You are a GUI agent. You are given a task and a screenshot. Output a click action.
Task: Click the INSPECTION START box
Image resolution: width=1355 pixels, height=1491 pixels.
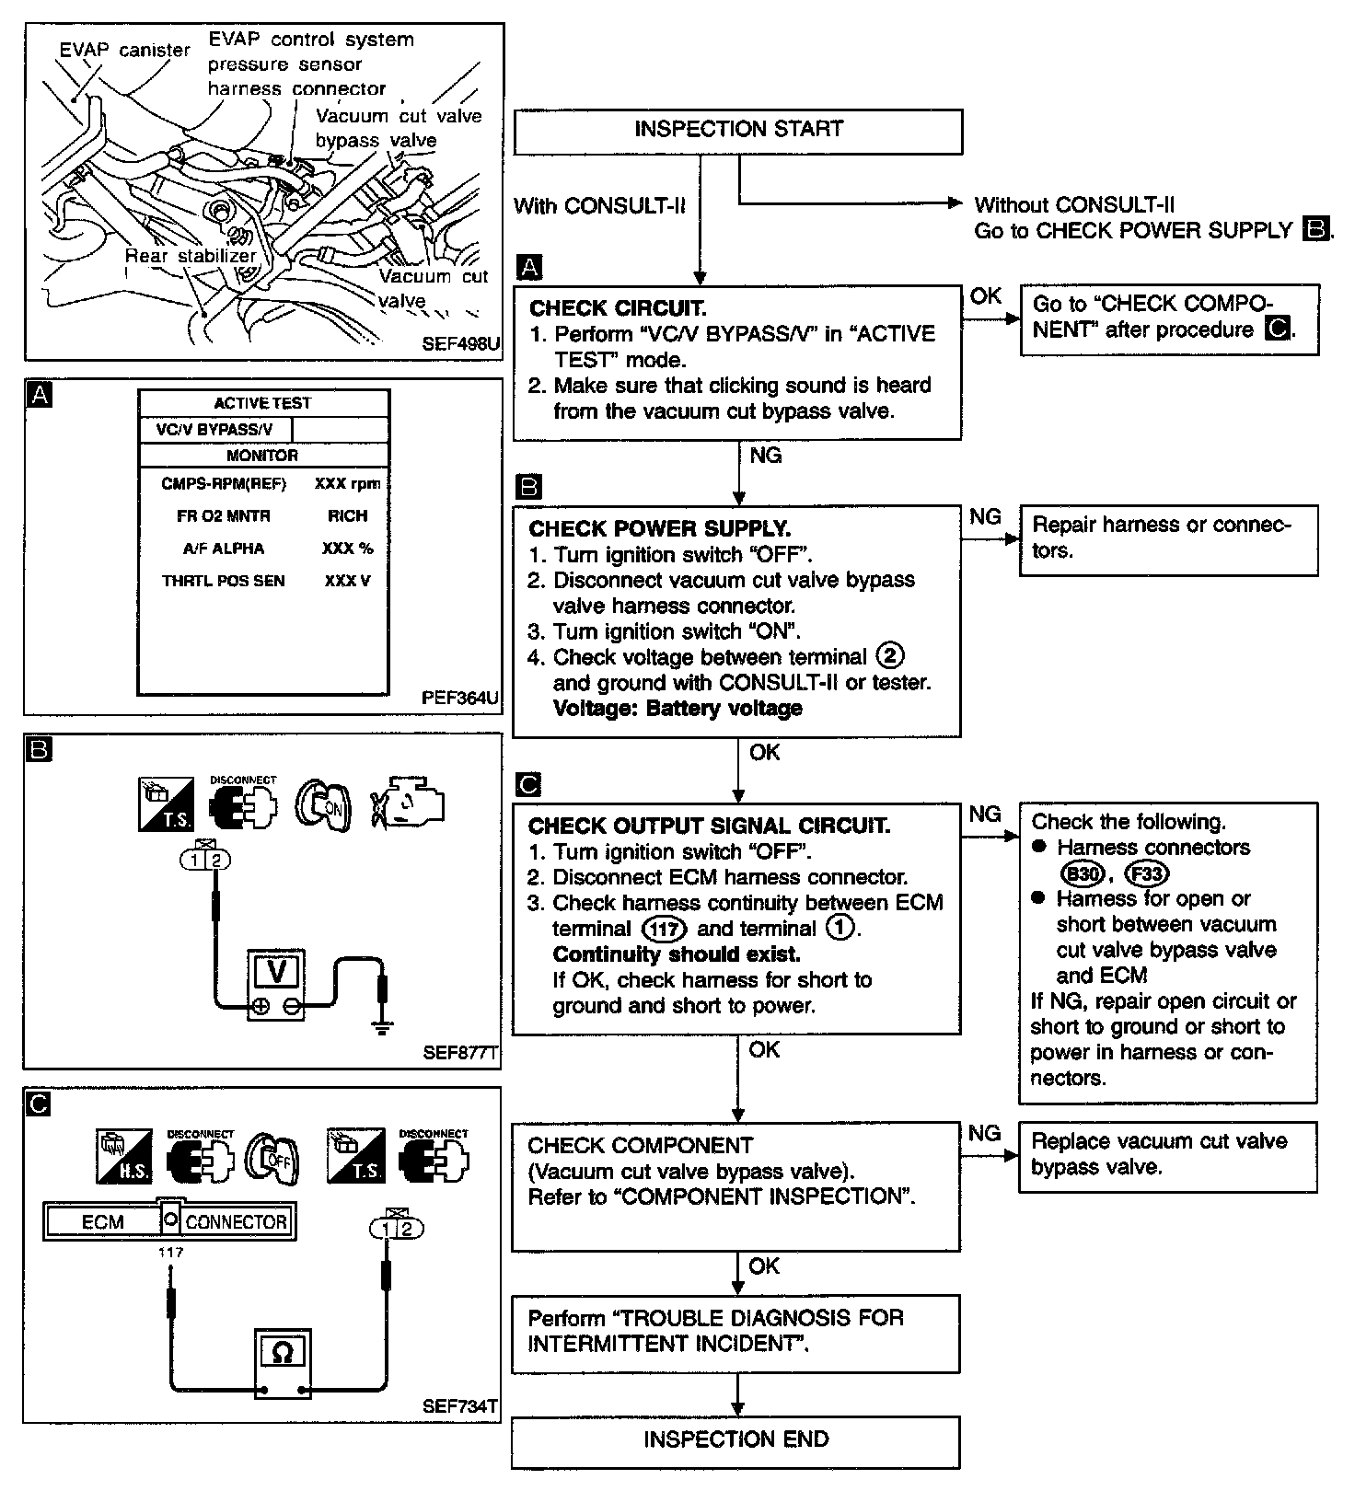[x=738, y=130]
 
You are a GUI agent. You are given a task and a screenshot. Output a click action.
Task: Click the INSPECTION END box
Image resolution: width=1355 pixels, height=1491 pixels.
[x=735, y=1439]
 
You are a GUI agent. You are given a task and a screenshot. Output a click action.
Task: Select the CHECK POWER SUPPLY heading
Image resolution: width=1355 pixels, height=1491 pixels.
[x=659, y=529]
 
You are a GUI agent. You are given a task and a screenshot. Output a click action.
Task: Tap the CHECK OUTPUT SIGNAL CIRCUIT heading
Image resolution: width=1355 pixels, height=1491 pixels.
[x=709, y=826]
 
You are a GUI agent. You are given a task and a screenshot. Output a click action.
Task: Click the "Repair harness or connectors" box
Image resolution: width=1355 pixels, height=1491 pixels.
[x=1167, y=538]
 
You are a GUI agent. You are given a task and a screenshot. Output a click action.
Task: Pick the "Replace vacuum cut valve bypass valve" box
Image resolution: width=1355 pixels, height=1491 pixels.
[x=1167, y=1155]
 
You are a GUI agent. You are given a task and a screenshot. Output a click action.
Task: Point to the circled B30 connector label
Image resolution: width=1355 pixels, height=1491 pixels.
[x=1082, y=873]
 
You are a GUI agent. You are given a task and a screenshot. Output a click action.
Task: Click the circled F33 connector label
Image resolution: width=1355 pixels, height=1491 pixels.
[x=1147, y=873]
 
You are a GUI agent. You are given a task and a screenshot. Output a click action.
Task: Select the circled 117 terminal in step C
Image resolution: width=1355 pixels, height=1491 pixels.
[x=663, y=930]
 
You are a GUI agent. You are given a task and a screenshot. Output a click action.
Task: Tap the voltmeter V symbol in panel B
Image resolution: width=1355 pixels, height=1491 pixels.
[x=276, y=973]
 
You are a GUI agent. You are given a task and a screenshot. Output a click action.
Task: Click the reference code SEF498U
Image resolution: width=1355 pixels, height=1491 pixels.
[x=461, y=344]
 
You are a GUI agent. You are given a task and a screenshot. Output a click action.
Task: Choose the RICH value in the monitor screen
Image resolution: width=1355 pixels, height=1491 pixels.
[x=347, y=516]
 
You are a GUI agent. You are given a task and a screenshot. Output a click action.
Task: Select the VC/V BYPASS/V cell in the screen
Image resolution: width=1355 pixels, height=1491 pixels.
[x=214, y=430]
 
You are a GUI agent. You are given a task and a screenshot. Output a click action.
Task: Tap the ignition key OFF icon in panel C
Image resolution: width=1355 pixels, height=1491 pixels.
[x=272, y=1158]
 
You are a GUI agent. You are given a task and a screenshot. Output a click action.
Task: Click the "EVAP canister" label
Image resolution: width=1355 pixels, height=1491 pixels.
[x=124, y=50]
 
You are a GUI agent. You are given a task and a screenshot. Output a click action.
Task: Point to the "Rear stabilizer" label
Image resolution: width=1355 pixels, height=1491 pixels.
[x=191, y=256]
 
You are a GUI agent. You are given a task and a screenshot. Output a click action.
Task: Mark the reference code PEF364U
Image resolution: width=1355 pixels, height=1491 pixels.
[x=460, y=698]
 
